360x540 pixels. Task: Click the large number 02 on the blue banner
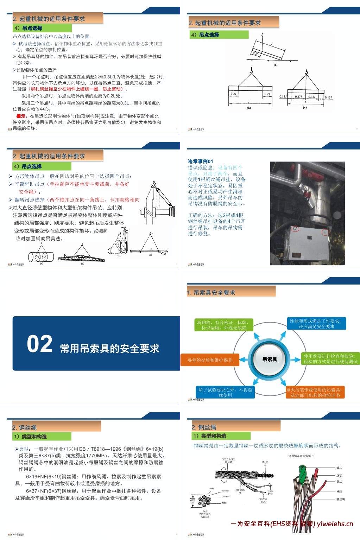click(x=39, y=344)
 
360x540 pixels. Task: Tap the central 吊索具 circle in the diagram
click(x=270, y=359)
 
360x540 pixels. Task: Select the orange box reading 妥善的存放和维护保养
click(x=210, y=360)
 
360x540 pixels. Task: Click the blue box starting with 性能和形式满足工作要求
click(x=316, y=324)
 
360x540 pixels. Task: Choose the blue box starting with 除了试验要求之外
click(x=225, y=392)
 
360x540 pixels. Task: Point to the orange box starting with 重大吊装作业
click(x=315, y=392)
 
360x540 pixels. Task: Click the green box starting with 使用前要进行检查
click(x=330, y=359)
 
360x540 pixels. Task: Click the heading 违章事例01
click(x=200, y=161)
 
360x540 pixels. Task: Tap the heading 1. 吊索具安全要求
click(x=211, y=292)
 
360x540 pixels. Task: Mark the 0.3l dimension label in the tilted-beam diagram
click(x=256, y=53)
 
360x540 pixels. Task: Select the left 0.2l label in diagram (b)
click(x=233, y=94)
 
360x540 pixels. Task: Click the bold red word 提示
click(x=21, y=116)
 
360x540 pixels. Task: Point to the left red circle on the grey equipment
click(x=295, y=229)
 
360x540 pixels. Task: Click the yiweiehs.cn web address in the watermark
click(x=335, y=524)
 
